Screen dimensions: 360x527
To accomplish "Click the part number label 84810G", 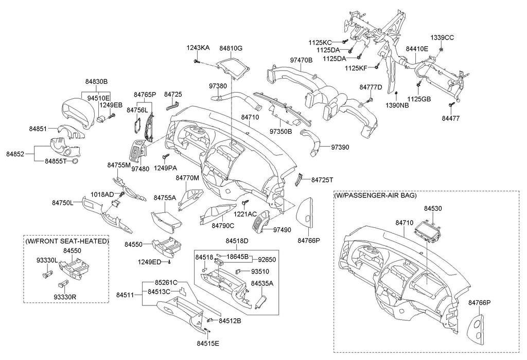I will pyautogui.click(x=231, y=48).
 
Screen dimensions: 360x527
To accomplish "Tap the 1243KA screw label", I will pyautogui.click(x=198, y=48).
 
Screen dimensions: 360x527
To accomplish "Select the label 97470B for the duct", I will pyautogui.click(x=301, y=60).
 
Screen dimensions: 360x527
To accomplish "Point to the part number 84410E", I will pyautogui.click(x=417, y=49).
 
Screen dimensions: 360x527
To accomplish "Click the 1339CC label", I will pyautogui.click(x=442, y=38).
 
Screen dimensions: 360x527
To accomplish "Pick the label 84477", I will pyautogui.click(x=450, y=118).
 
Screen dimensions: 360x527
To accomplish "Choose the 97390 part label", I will pyautogui.click(x=340, y=147).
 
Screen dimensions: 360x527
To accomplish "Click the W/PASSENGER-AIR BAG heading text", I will pyautogui.click(x=375, y=196).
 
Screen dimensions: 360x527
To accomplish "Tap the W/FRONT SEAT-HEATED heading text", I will pyautogui.click(x=67, y=241).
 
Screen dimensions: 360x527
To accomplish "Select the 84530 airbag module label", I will pyautogui.click(x=433, y=208).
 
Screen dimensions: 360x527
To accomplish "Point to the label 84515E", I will pyautogui.click(x=208, y=343).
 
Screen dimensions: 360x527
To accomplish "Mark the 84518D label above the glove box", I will pyautogui.click(x=237, y=241).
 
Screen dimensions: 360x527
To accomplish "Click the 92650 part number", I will pyautogui.click(x=268, y=260).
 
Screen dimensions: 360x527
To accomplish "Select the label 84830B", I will pyautogui.click(x=96, y=81).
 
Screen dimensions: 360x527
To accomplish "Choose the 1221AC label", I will pyautogui.click(x=246, y=213).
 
